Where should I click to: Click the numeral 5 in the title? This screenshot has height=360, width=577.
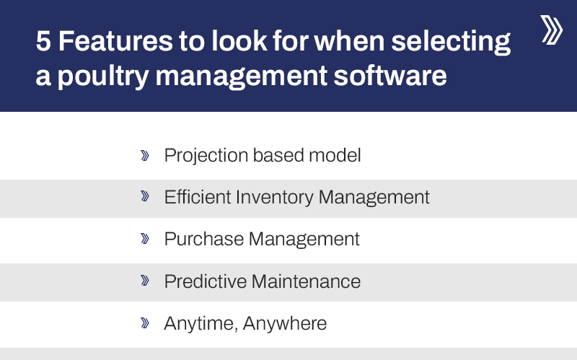point(43,43)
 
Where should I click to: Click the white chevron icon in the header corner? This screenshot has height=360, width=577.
point(551,30)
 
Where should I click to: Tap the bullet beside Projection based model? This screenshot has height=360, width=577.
point(145,155)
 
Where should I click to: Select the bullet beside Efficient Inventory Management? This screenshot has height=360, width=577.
point(145,196)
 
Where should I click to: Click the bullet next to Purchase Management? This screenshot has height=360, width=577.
point(145,238)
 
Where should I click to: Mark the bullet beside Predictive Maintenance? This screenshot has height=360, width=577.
point(145,281)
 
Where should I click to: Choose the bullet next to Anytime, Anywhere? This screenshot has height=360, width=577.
point(145,323)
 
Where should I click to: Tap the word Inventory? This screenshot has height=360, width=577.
point(271,196)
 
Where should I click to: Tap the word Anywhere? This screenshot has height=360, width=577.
point(285,324)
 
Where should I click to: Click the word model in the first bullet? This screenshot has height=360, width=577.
point(338,155)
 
